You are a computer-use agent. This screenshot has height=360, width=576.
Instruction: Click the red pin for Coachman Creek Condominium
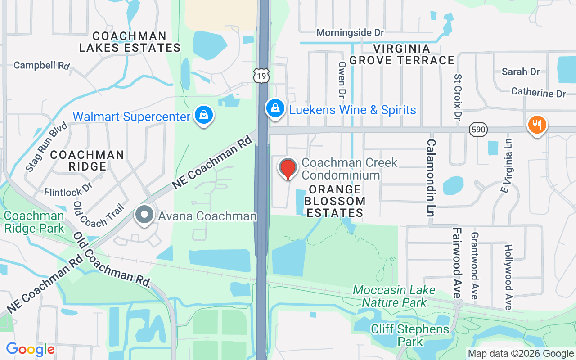click(x=288, y=169)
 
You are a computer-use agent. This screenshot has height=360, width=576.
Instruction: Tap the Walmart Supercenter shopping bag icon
click(x=204, y=115)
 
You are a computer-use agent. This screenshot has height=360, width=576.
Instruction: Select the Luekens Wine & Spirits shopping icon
click(x=274, y=108)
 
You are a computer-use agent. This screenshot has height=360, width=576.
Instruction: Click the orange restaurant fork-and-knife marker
click(x=537, y=125)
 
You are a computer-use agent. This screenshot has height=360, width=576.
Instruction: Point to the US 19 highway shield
click(x=261, y=76)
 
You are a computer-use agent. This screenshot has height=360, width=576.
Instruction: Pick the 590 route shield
click(x=478, y=130)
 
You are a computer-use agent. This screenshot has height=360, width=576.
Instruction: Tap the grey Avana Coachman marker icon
click(x=144, y=215)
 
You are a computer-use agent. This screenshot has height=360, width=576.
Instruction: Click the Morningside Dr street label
click(x=350, y=33)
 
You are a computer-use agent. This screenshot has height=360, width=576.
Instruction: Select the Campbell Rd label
click(x=41, y=65)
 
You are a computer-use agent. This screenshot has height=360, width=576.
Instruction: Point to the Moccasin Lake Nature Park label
click(x=394, y=296)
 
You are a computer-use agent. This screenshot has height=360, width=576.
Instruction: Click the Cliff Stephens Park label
click(x=410, y=335)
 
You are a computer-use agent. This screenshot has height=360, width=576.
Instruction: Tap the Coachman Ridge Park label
click(x=34, y=222)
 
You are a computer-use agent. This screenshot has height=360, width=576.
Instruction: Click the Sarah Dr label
click(x=521, y=72)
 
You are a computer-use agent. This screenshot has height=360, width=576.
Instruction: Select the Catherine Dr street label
click(x=539, y=93)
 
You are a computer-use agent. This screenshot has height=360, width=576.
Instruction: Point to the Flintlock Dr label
click(x=68, y=189)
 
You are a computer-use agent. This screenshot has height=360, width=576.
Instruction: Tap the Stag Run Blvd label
click(x=46, y=147)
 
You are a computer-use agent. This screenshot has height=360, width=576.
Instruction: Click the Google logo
click(x=30, y=349)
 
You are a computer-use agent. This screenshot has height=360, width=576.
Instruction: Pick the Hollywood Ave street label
click(x=508, y=277)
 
